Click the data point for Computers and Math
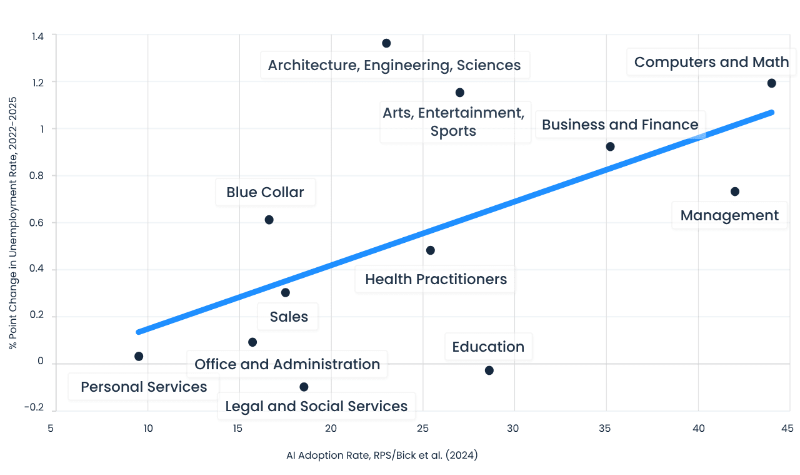click(x=771, y=83)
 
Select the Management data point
click(x=734, y=192)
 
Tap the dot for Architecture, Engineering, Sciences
click(x=386, y=43)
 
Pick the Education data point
click(x=489, y=370)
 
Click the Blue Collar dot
click(x=269, y=220)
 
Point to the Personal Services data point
click(x=139, y=356)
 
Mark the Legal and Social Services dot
click(x=304, y=387)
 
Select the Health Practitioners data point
click(x=431, y=250)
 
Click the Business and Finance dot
click(x=610, y=146)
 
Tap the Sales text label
click(x=289, y=317)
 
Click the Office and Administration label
click(x=287, y=364)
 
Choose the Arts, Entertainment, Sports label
click(x=454, y=121)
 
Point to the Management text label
click(x=729, y=216)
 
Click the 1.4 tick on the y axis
click(x=38, y=36)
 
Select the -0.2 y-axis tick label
click(x=34, y=407)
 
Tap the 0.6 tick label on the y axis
click(x=36, y=222)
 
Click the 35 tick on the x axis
click(x=604, y=428)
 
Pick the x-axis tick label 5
click(x=51, y=428)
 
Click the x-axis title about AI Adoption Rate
click(x=382, y=456)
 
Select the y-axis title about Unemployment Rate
click(x=13, y=223)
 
